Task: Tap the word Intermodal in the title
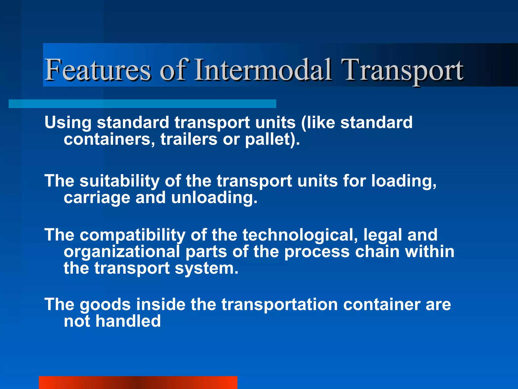263,70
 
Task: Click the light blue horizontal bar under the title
142,104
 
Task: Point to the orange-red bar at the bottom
138,382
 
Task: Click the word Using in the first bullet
68,123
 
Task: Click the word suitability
119,181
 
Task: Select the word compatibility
133,235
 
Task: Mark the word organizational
122,252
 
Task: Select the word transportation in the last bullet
279,304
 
